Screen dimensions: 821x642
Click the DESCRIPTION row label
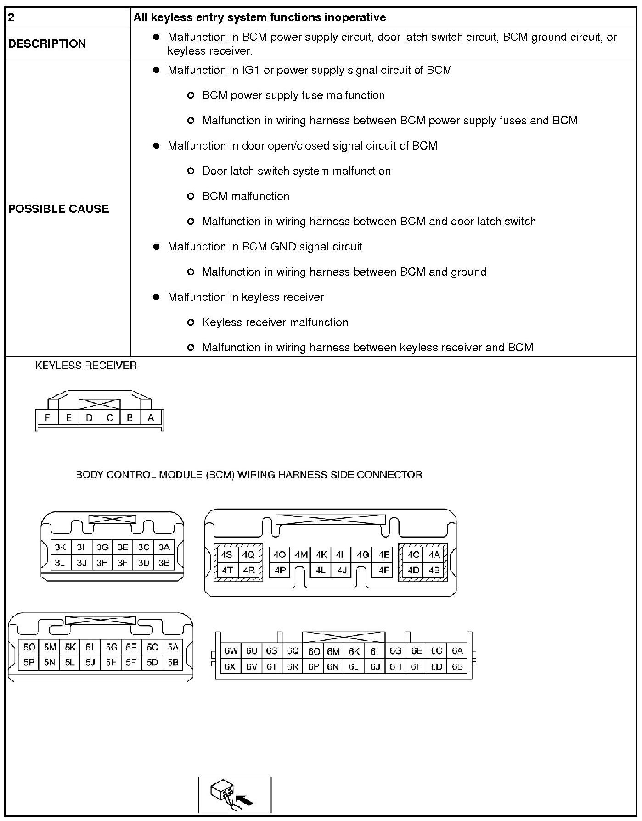coord(47,44)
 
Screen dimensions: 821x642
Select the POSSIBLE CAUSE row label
coord(58,209)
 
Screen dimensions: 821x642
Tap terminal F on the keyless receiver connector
coord(47,417)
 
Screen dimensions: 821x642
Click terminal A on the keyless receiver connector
coord(151,417)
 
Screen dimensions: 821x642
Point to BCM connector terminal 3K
coord(60,547)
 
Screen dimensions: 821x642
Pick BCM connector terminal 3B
coord(164,562)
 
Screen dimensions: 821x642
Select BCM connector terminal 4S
coord(226,555)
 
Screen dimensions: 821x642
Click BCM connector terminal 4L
coord(321,571)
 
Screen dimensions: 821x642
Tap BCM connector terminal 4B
coord(434,571)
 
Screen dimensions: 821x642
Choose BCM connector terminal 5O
coord(29,647)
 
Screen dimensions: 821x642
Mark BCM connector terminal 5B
coord(173,662)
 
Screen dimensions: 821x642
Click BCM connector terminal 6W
coord(231,651)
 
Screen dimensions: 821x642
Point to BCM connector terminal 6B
coord(457,666)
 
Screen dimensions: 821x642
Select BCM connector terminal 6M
coord(333,651)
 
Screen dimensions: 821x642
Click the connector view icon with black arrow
coord(235,795)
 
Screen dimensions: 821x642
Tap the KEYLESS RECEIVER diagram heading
coord(86,366)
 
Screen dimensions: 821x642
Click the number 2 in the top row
coord(11,17)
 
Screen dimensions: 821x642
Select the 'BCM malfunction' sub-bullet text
coord(246,196)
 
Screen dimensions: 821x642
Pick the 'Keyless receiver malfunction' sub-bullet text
coord(275,322)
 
